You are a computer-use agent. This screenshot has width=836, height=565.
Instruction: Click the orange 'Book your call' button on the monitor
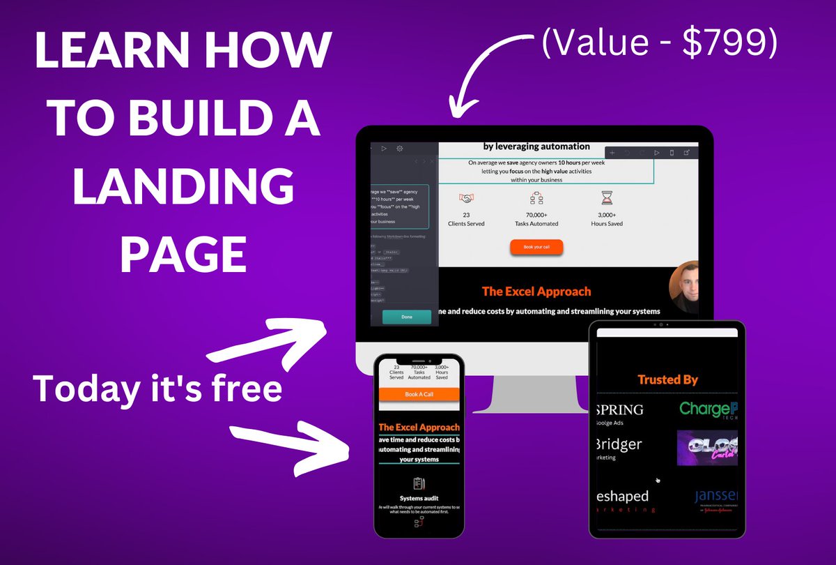[536, 247]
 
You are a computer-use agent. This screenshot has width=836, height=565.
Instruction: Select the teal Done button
[406, 317]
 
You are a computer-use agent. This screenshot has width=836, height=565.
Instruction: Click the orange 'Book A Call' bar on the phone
[419, 395]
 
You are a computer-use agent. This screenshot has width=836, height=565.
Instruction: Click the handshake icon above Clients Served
[466, 198]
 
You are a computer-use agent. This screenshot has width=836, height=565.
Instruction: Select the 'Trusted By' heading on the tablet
[667, 379]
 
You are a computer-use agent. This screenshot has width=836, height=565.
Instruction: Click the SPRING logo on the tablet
[621, 409]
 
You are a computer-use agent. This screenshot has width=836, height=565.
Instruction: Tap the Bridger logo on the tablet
[619, 444]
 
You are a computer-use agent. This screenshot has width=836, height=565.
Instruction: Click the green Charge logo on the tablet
[708, 409]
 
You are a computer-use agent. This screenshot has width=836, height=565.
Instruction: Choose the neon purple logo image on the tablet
[707, 448]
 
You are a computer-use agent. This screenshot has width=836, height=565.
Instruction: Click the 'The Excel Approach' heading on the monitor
[536, 291]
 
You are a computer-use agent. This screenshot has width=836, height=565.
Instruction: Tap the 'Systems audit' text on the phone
[419, 498]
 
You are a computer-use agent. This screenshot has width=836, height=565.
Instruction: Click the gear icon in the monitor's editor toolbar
[400, 149]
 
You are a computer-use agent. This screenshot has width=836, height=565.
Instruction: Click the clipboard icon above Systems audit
[419, 483]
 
